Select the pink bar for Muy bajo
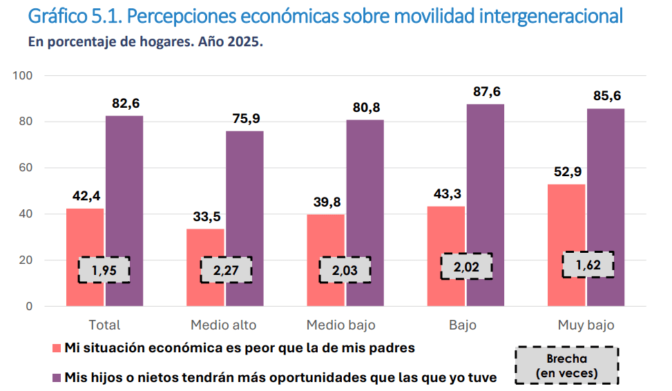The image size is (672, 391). point(566,221)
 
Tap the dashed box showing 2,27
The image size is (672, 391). point(226,270)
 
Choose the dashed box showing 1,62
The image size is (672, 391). point(588,265)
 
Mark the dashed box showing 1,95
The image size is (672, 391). point(104,270)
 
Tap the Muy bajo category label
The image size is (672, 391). point(586,325)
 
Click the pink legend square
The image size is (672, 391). point(57,348)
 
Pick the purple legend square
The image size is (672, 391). point(57,378)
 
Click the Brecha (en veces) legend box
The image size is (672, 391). point(566,366)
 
